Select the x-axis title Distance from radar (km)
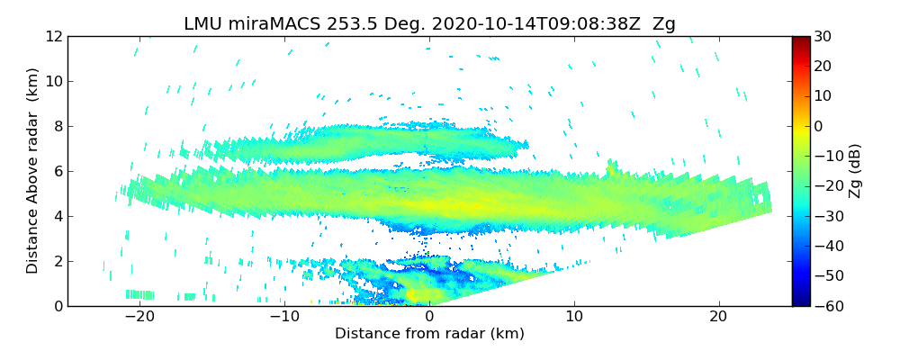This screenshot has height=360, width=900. coord(429,334)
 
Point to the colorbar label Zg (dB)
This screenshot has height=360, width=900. coord(855,171)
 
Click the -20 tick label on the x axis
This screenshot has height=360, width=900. coord(139,317)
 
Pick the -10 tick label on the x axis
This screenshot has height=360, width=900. coord(284,317)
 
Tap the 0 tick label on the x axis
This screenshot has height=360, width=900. coord(429,317)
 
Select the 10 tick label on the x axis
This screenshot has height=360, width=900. coord(574,317)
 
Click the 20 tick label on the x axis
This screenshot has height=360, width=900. coord(718,317)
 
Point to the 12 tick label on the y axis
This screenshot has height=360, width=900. coord(53,37)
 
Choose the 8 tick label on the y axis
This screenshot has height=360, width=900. coord(57,127)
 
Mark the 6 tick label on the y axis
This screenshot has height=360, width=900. coord(57,171)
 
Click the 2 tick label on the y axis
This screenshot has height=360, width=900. coord(57,261)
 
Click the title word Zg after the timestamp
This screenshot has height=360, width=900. coord(663,24)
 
